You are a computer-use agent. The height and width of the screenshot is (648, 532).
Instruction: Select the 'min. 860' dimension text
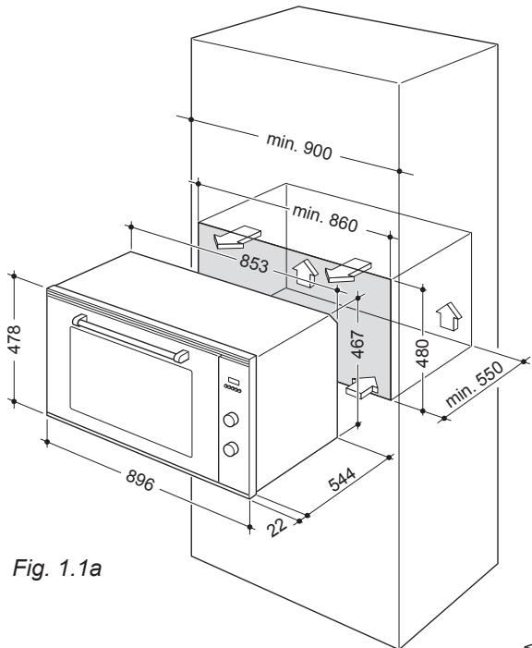(x=324, y=218)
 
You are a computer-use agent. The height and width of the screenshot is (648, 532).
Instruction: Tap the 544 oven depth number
(x=343, y=483)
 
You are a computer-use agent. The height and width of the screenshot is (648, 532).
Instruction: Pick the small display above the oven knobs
(x=232, y=381)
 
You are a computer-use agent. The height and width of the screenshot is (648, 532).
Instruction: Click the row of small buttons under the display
(x=232, y=392)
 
